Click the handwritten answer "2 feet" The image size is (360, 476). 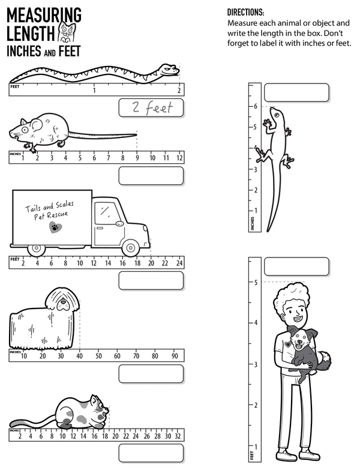tap(152, 107)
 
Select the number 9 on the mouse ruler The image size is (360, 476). tap(137, 158)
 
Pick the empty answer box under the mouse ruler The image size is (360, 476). tap(151, 175)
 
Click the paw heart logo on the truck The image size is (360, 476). tap(55, 227)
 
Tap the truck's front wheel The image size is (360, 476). tap(131, 248)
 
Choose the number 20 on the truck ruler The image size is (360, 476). tap(151, 263)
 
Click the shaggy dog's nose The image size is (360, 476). tap(62, 302)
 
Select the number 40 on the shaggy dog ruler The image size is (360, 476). tap(79, 356)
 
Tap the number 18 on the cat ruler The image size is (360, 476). tap(105, 436)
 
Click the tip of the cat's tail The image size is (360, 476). tap(11, 424)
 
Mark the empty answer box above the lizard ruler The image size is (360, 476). tap(296, 92)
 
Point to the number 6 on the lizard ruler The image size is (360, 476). tap(255, 106)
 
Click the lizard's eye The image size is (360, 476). tap(277, 115)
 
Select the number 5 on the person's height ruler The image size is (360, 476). tap(256, 283)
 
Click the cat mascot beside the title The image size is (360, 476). tap(67, 34)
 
